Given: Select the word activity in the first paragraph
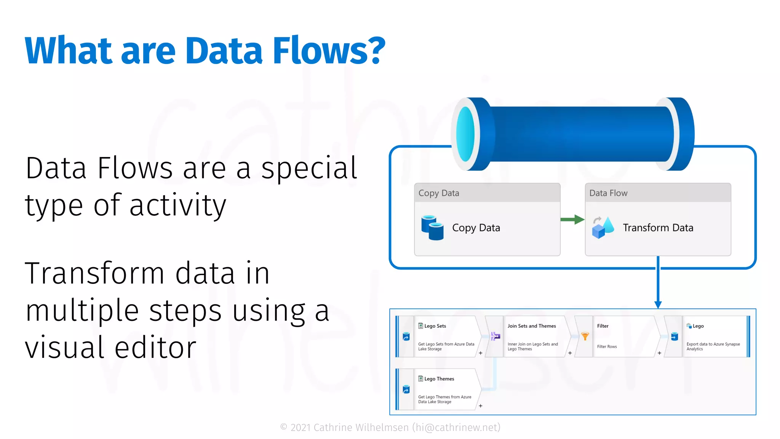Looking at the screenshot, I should tap(178, 205).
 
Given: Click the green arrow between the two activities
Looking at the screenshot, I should tap(572, 219).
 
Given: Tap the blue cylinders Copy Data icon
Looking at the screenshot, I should tap(432, 228).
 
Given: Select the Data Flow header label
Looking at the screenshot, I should tap(608, 193).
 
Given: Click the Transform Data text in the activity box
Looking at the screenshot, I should tap(658, 228).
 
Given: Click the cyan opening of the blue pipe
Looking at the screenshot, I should tap(465, 134).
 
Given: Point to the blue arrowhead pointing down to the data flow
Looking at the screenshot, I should tap(658, 304).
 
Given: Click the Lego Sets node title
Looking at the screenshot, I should tap(435, 326).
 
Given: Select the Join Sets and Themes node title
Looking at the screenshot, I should tap(531, 326).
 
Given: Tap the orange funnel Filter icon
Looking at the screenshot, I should tap(585, 336).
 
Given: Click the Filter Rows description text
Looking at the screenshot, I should tap(607, 347).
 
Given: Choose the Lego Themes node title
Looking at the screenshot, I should tap(439, 379).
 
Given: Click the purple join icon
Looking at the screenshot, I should tap(495, 336).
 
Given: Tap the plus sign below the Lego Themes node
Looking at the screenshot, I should tap(481, 406).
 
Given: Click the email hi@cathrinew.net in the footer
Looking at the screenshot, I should tap(457, 428).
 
